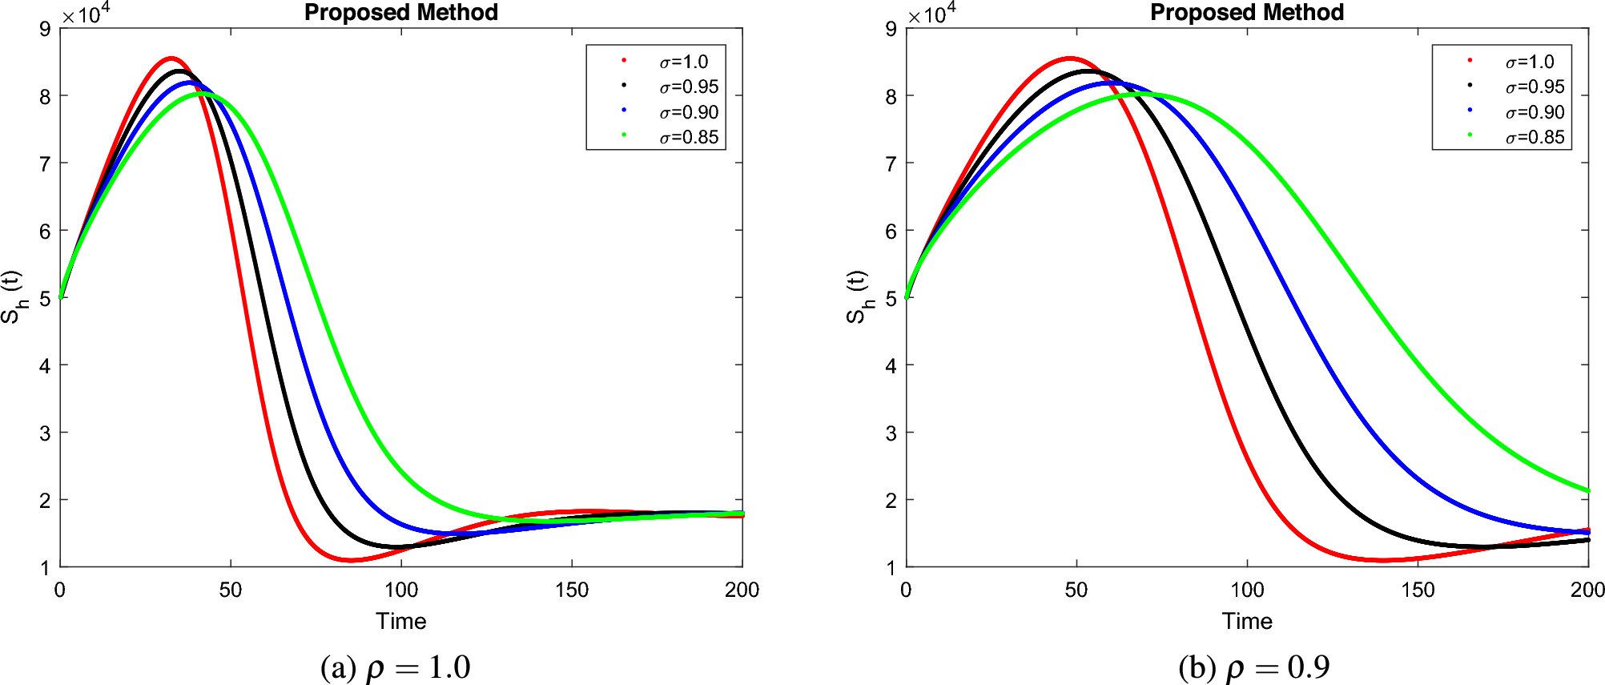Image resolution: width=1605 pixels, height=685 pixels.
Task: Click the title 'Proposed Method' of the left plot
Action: [400, 13]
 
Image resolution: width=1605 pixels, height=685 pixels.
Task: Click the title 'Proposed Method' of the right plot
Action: [1246, 13]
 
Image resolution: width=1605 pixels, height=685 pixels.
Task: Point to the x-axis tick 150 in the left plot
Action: [571, 590]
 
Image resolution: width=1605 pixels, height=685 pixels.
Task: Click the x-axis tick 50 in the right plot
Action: [1076, 590]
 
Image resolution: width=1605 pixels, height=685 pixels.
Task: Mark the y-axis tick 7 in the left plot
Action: [45, 163]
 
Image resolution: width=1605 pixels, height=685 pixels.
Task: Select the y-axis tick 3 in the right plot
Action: [891, 433]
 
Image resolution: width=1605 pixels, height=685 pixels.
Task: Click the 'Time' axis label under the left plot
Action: [400, 622]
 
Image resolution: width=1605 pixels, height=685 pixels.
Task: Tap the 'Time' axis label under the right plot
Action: [1246, 622]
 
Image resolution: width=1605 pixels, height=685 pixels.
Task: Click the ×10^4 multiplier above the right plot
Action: [931, 14]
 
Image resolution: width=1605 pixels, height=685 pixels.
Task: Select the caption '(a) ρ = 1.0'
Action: [395, 667]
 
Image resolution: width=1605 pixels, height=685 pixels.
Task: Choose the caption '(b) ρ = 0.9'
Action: [1253, 667]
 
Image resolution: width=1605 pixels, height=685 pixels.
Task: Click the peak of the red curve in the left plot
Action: [171, 58]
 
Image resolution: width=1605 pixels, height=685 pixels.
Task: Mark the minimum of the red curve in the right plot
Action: [1383, 560]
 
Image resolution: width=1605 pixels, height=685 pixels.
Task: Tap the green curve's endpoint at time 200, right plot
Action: [1587, 490]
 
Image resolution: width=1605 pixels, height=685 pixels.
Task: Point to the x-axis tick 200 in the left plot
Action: [742, 590]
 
